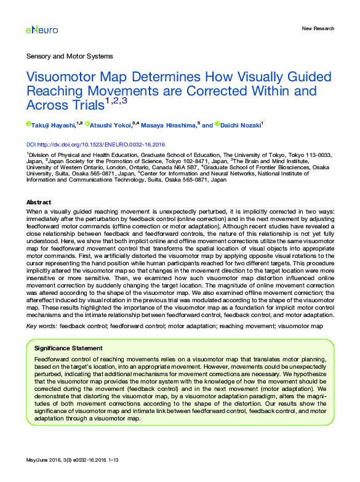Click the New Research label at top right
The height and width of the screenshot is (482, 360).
point(318,28)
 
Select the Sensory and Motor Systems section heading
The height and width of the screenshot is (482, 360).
point(70,56)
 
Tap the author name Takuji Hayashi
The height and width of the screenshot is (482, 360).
point(52,125)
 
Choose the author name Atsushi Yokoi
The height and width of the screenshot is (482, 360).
point(111,125)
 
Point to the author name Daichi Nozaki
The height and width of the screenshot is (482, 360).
point(241,125)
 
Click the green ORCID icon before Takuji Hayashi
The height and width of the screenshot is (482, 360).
point(28,124)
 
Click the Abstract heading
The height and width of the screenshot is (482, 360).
point(39,202)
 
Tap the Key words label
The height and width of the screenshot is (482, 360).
point(41,324)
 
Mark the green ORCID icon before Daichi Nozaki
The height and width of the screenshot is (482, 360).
point(217,124)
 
